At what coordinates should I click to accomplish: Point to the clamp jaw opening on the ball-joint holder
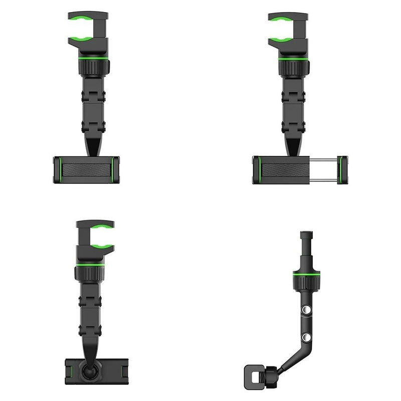pos(90,236)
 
